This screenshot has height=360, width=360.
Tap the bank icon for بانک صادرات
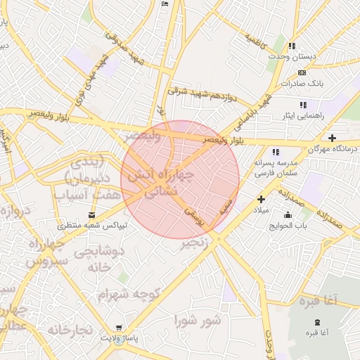302,72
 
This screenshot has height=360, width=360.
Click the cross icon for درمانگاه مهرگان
333,138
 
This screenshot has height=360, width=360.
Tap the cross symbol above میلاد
261,199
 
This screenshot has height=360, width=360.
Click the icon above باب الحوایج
287,214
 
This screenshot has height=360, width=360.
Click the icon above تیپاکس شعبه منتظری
92,214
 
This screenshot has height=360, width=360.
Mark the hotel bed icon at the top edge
165,4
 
